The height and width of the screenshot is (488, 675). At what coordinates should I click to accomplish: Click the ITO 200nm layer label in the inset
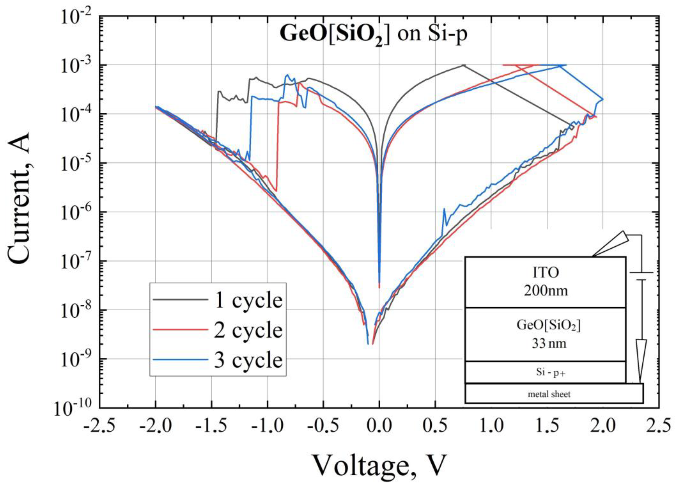[x=546, y=282]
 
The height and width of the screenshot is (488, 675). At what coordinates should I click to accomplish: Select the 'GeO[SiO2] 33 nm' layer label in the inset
[x=549, y=334]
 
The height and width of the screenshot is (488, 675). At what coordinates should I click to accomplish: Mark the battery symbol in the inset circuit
[x=641, y=276]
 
